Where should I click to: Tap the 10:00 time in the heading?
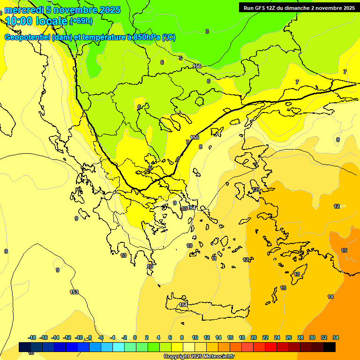click(x=19, y=21)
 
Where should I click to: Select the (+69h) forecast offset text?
click(x=81, y=21)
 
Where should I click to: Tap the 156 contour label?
click(x=197, y=66)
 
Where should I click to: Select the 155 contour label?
click(x=195, y=137)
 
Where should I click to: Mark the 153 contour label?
click(x=74, y=292)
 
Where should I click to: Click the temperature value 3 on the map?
click(x=207, y=31)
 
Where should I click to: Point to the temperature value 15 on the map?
click(x=344, y=251)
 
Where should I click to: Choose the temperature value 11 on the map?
click(x=214, y=258)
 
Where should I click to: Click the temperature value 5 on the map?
click(x=180, y=58)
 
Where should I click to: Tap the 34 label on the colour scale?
click(x=336, y=337)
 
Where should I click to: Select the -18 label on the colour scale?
click(x=32, y=337)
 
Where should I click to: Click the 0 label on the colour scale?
click(x=135, y=337)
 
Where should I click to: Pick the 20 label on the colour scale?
click(x=254, y=337)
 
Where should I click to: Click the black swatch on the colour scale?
click(x=330, y=347)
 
